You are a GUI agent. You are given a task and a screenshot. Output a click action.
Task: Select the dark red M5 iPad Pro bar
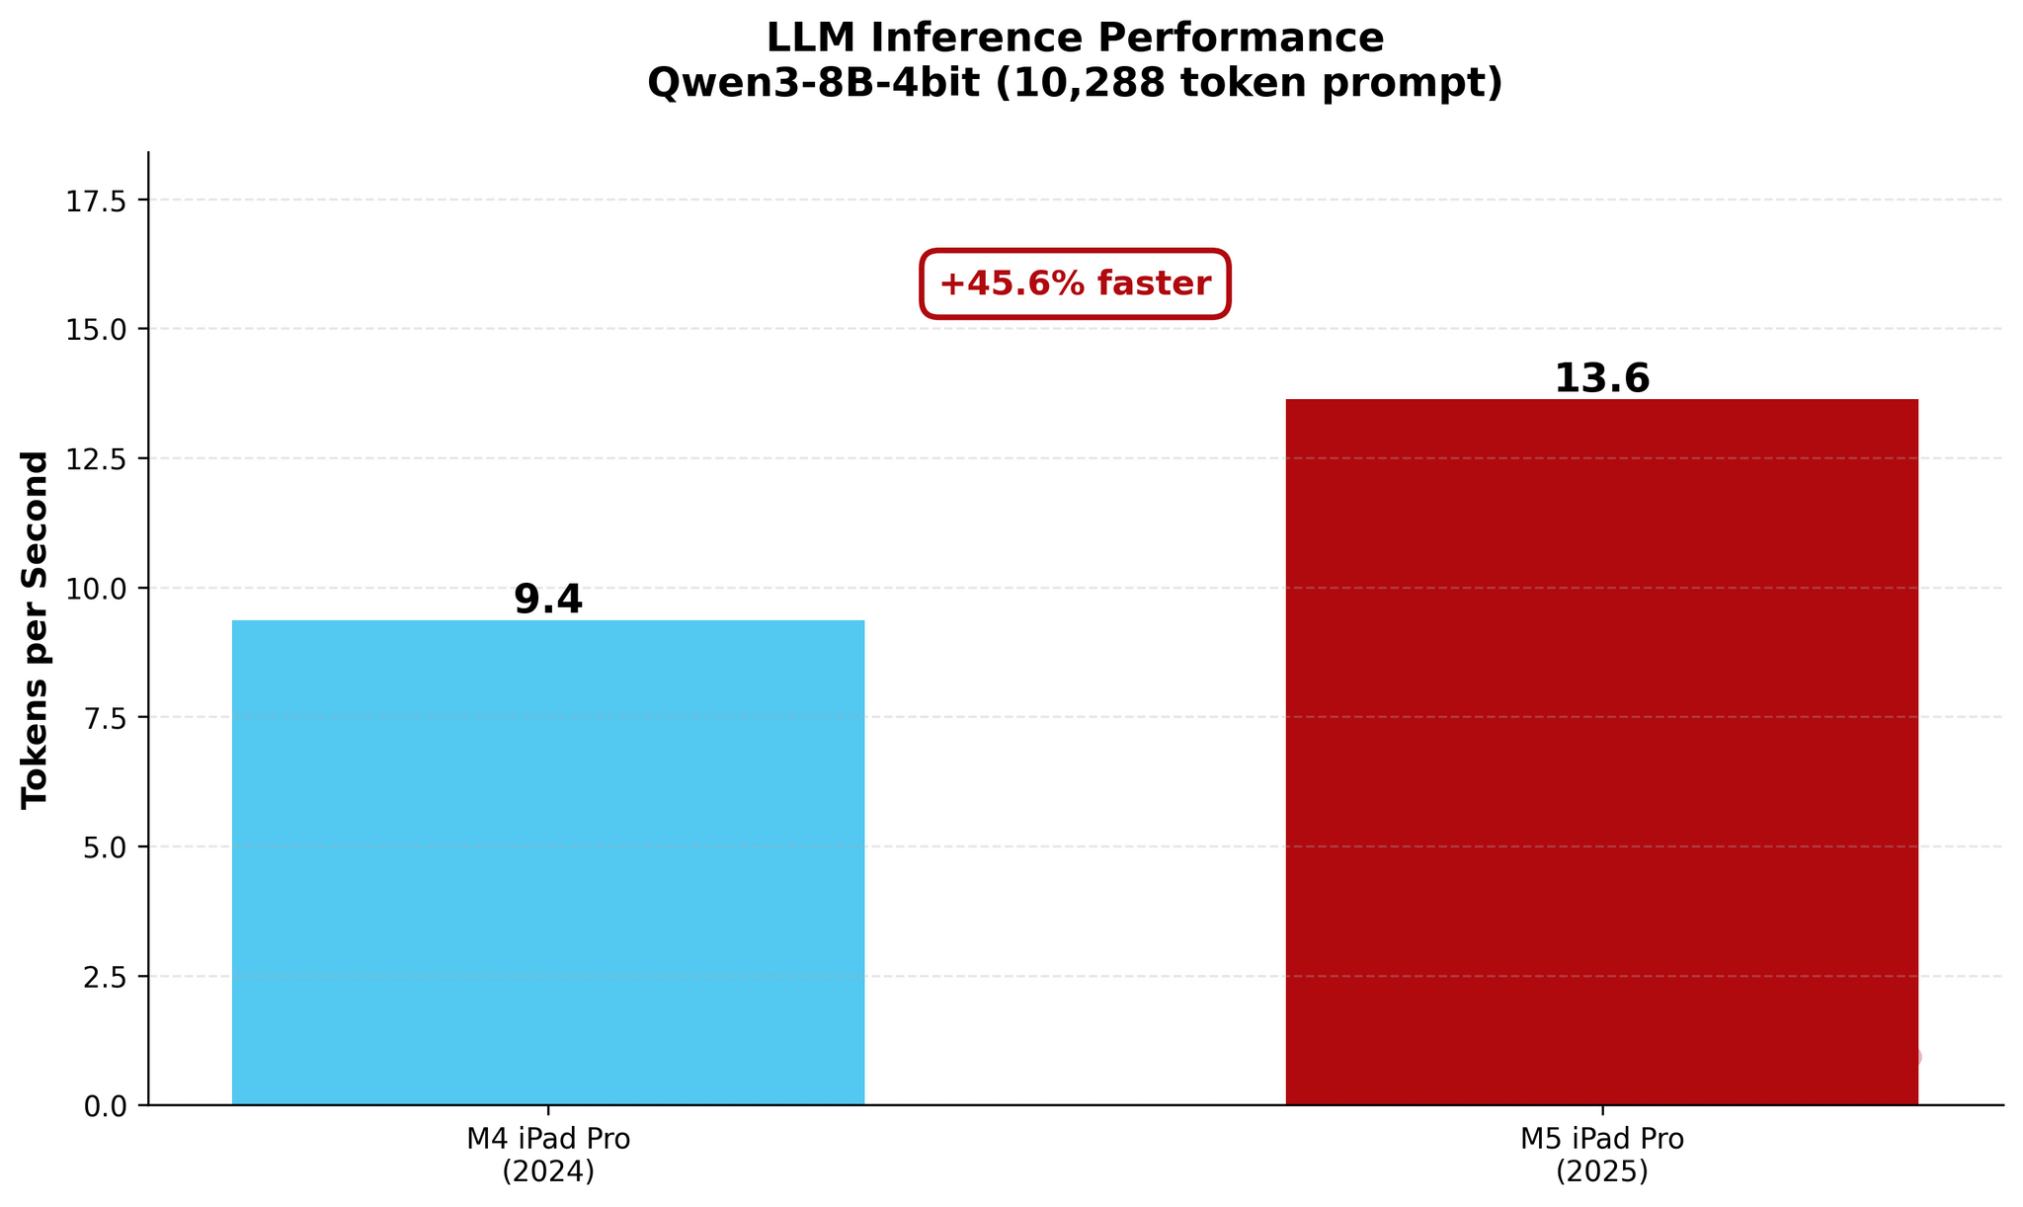click(x=1601, y=751)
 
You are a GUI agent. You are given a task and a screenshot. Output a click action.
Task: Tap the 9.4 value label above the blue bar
click(x=548, y=600)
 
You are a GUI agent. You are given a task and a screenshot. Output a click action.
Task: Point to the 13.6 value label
click(x=1601, y=379)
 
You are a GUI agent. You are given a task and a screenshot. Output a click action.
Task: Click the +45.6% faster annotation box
click(x=1075, y=284)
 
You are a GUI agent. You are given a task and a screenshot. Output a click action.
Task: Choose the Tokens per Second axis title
click(x=36, y=629)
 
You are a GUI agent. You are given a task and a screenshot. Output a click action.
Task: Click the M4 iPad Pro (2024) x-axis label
click(x=548, y=1155)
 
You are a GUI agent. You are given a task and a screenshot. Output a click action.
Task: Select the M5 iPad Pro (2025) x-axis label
click(x=1601, y=1155)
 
